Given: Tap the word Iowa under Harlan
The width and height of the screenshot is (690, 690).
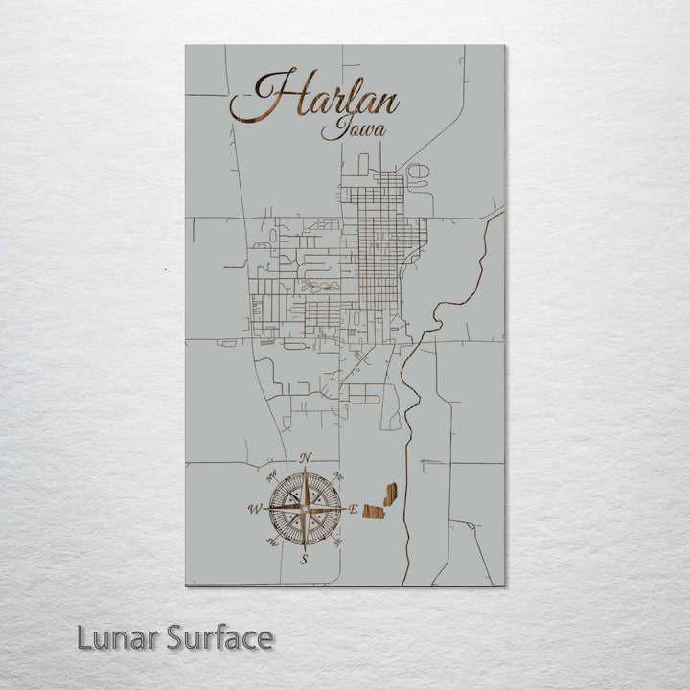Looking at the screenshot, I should tap(347, 128).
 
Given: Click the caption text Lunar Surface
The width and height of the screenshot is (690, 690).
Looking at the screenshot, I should tap(175, 637).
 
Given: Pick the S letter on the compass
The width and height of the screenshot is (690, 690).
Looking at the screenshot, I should tap(305, 559).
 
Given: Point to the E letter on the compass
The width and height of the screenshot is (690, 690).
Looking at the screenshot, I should tap(354, 510).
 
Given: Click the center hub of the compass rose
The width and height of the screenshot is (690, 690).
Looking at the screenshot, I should tap(305, 509).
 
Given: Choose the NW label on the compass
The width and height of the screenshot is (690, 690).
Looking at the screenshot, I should tap(271, 476).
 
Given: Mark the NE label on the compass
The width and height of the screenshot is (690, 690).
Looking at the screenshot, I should tap(338, 476).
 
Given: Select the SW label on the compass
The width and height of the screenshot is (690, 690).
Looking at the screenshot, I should tap(271, 542).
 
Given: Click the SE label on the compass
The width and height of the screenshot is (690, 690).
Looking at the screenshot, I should tap(338, 542).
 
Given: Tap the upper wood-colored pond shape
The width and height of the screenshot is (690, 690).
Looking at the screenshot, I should tap(390, 494).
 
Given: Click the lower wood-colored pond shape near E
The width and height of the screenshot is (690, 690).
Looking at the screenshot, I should tap(373, 512).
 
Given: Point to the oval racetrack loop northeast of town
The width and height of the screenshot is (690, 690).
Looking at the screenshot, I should tap(418, 173).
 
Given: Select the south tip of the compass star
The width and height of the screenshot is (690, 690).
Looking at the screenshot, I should tap(305, 547).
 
